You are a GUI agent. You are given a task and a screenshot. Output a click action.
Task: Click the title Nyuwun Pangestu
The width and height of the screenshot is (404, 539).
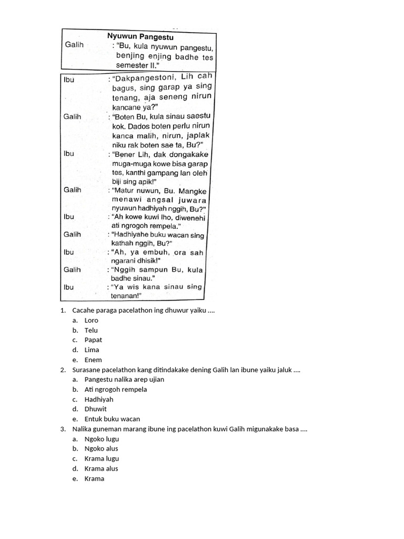point(140,37)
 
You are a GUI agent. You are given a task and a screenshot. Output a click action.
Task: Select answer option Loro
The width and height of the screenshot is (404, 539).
point(91,320)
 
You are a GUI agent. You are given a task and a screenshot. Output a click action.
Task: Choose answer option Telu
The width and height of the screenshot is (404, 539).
point(91,330)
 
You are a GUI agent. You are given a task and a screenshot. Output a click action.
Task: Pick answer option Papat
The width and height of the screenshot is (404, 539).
point(93,340)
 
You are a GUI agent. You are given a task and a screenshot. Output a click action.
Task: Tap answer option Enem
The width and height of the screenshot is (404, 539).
point(93,360)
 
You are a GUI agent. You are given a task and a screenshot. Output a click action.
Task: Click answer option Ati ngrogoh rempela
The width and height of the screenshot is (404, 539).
point(116,390)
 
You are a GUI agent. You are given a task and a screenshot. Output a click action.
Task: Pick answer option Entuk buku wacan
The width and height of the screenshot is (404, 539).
point(112,419)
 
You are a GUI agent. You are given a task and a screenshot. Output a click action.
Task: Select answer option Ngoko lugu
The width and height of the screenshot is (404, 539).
point(102,438)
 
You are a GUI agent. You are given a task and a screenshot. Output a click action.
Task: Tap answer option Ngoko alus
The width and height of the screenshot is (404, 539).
point(101,448)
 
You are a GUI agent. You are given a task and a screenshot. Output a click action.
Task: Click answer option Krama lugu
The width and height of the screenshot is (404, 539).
point(102,458)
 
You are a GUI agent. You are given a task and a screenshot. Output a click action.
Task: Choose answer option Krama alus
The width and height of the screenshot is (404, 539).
point(101,468)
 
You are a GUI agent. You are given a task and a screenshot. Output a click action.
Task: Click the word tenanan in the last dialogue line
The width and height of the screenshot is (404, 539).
point(127,296)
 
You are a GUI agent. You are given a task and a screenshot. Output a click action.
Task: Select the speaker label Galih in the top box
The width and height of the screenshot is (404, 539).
point(74,45)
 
